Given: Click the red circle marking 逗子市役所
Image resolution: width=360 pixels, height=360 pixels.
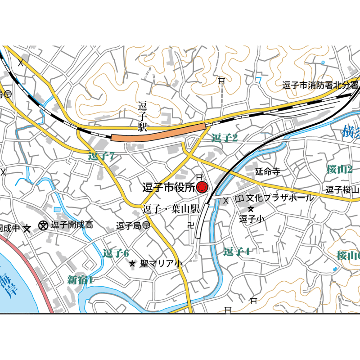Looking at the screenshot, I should [x=202, y=187].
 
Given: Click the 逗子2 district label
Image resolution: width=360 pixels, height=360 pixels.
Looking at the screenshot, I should [x=224, y=138].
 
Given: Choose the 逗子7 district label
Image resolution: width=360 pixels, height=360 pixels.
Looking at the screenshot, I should [x=103, y=157].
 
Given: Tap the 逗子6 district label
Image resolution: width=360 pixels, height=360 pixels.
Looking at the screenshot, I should [x=116, y=253].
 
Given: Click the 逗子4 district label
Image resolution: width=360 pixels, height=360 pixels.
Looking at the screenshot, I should [x=236, y=252].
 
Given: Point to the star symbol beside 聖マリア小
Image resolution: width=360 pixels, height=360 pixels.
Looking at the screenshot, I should [x=132, y=264].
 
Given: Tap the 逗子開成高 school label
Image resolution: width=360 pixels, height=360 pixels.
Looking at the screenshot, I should [x=72, y=225].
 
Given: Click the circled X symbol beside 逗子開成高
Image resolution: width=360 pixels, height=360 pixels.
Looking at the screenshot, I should [x=44, y=225].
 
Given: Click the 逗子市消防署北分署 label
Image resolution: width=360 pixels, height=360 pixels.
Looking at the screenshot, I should [x=320, y=85].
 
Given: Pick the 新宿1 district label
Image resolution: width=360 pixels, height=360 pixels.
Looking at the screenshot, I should [x=80, y=280].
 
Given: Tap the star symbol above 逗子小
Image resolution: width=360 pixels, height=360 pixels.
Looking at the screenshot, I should [x=251, y=209].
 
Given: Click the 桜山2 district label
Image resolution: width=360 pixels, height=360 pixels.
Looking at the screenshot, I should [x=339, y=170].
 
